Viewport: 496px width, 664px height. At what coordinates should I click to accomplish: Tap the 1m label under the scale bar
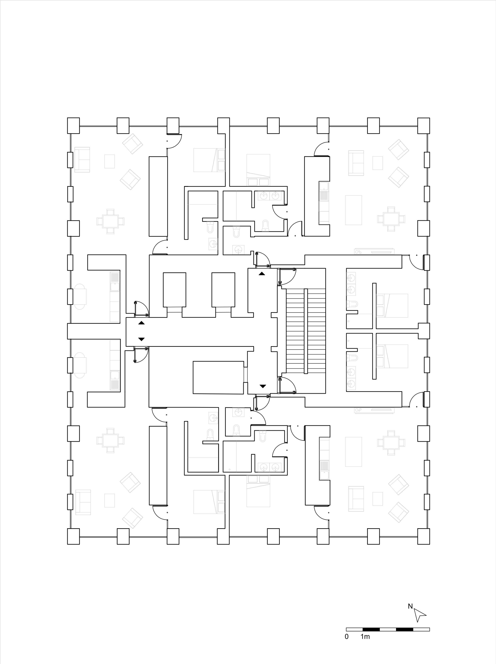365,637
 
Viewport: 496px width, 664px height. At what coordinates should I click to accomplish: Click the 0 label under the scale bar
347,637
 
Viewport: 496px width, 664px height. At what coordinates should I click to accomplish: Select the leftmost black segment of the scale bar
371,629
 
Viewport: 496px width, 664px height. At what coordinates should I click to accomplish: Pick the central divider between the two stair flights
306,331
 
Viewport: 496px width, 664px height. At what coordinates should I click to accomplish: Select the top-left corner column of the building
73,125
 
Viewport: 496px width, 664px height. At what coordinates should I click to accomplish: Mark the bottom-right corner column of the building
424,536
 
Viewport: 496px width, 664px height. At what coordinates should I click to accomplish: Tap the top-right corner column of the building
424,125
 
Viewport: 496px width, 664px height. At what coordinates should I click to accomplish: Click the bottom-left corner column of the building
73,536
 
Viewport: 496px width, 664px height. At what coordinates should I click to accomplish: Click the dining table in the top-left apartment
110,221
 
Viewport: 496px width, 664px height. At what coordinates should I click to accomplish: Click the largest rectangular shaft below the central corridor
218,377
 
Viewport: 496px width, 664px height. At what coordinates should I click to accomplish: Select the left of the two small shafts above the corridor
174,290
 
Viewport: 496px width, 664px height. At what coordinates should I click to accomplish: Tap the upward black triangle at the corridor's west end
141,323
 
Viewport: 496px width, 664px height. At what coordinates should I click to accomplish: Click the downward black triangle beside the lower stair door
263,386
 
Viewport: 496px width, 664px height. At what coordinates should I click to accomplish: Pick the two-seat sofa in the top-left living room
82,160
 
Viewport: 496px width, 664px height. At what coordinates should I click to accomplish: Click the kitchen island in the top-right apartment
353,210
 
